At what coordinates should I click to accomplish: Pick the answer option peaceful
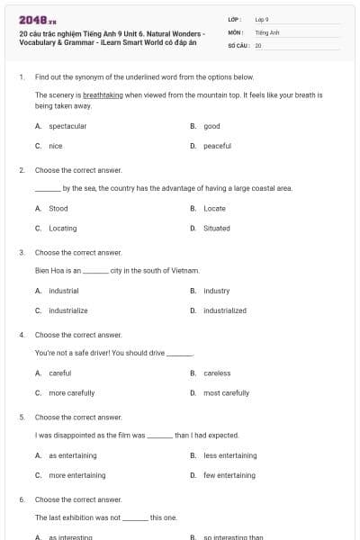click(217, 146)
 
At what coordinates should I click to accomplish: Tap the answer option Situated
click(217, 228)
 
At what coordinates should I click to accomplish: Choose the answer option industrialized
click(225, 310)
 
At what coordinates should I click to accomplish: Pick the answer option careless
click(217, 373)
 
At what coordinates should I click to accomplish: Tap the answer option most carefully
click(226, 392)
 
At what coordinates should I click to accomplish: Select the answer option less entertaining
click(229, 455)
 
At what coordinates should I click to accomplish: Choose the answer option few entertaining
click(229, 475)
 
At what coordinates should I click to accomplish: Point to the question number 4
click(21, 334)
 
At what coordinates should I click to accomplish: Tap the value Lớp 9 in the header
click(262, 19)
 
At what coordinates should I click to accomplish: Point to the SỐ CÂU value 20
click(258, 44)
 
